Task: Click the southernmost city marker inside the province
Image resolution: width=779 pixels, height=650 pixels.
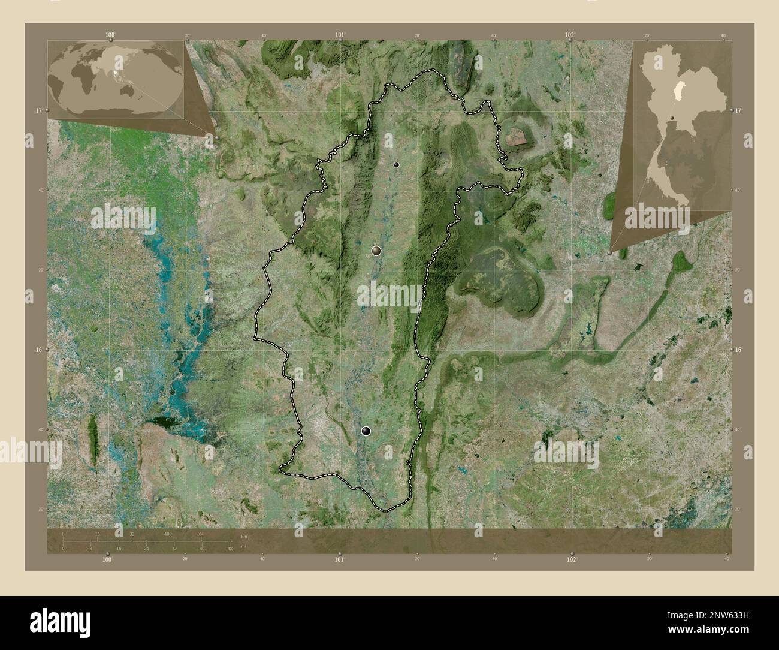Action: (366, 431)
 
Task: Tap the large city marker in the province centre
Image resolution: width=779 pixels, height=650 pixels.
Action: (376, 251)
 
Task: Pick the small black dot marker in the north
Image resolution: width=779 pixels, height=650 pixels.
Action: (396, 165)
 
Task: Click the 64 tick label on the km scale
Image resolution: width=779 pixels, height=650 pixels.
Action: (202, 534)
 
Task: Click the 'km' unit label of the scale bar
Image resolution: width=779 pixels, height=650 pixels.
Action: (243, 535)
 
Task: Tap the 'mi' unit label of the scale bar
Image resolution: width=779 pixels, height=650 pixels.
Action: (243, 546)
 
